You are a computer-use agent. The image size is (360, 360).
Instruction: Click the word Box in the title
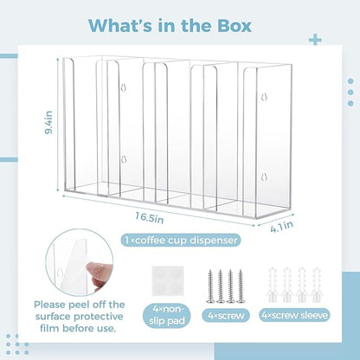point(235,25)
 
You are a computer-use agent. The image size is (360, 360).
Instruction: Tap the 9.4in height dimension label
point(48,122)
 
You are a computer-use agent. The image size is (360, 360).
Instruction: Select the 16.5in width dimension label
point(150,217)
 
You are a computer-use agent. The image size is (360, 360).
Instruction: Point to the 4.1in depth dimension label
point(281,227)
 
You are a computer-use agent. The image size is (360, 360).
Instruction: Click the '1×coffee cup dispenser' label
point(181,240)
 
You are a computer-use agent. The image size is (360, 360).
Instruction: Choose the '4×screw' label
point(226,315)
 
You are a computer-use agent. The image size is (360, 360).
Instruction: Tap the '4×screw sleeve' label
point(294,315)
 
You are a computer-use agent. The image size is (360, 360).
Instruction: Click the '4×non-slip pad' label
point(167,315)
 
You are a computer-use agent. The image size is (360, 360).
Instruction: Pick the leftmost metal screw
point(210,286)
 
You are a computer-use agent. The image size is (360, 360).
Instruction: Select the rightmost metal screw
point(241,286)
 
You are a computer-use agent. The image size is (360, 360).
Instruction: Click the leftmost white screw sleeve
point(272,285)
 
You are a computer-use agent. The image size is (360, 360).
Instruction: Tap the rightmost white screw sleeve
point(317,285)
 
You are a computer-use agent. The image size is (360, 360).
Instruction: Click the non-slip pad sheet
point(168,281)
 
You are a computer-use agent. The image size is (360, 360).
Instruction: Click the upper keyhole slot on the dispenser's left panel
point(124,87)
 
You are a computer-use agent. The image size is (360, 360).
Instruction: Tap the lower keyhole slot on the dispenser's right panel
point(264,177)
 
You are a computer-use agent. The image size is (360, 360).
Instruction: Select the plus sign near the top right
point(315,40)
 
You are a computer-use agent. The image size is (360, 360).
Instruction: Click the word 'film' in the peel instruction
point(49,328)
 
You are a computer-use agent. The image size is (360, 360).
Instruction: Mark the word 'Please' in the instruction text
point(50,305)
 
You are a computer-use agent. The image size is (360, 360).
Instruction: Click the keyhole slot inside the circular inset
point(60,272)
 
